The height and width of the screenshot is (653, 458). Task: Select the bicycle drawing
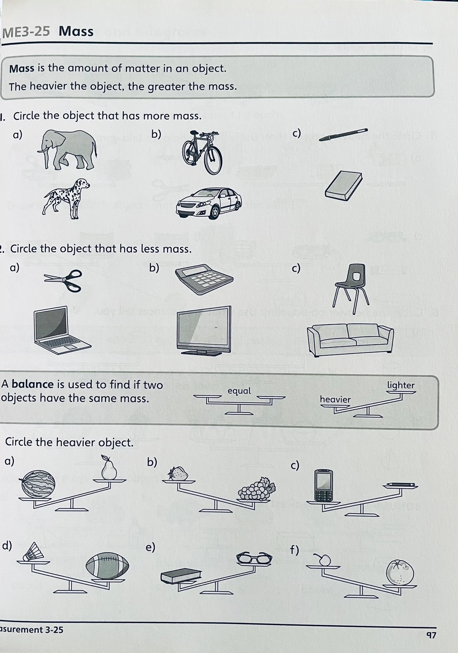[202, 152]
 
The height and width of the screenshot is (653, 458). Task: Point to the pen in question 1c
[343, 134]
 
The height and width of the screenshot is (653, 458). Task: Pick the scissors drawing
[63, 280]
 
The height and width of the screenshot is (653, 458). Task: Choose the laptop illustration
[62, 330]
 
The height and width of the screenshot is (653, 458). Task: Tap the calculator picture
[204, 279]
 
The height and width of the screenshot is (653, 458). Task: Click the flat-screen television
[204, 330]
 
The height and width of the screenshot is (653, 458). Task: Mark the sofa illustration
[350, 340]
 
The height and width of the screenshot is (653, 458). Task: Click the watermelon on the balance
[37, 483]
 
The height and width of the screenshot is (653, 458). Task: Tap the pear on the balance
[109, 467]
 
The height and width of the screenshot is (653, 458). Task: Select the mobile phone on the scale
[324, 485]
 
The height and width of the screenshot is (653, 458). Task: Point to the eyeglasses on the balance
[254, 558]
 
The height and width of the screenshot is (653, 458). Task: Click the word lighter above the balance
[400, 385]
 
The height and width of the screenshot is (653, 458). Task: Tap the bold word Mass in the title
[76, 31]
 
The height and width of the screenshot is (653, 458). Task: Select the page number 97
[431, 635]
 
